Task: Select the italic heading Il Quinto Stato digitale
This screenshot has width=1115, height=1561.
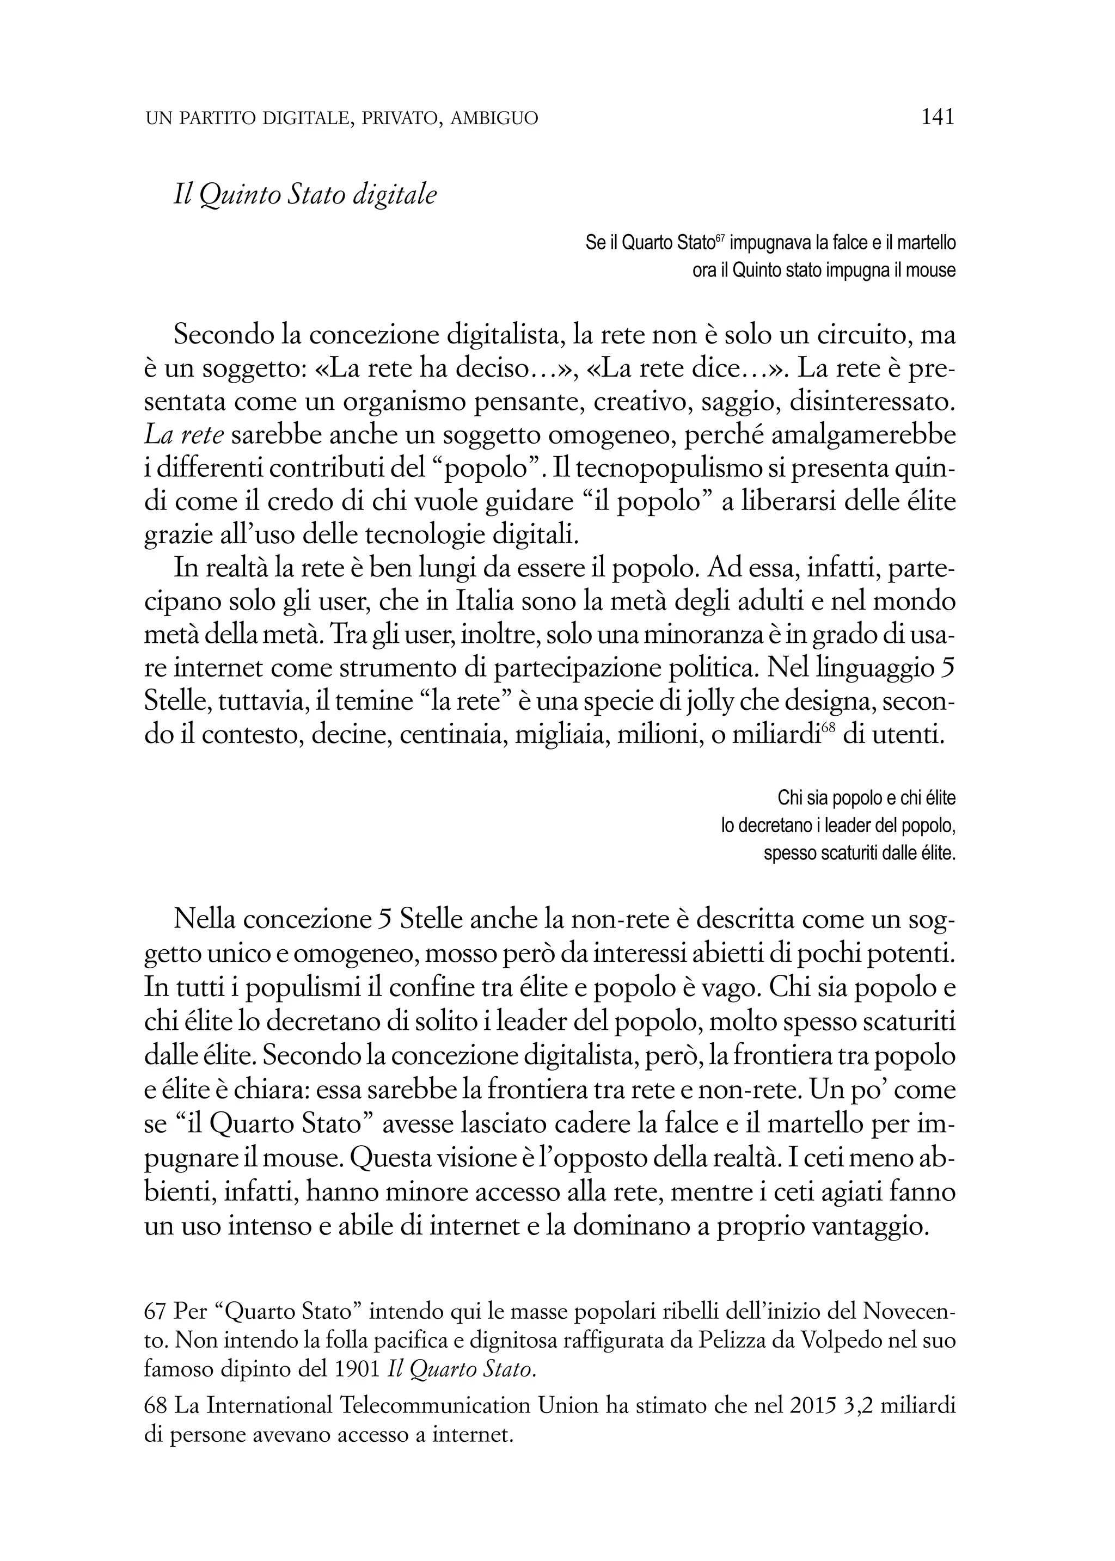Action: click(x=305, y=196)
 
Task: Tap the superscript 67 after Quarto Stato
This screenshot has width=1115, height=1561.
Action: click(x=720, y=237)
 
